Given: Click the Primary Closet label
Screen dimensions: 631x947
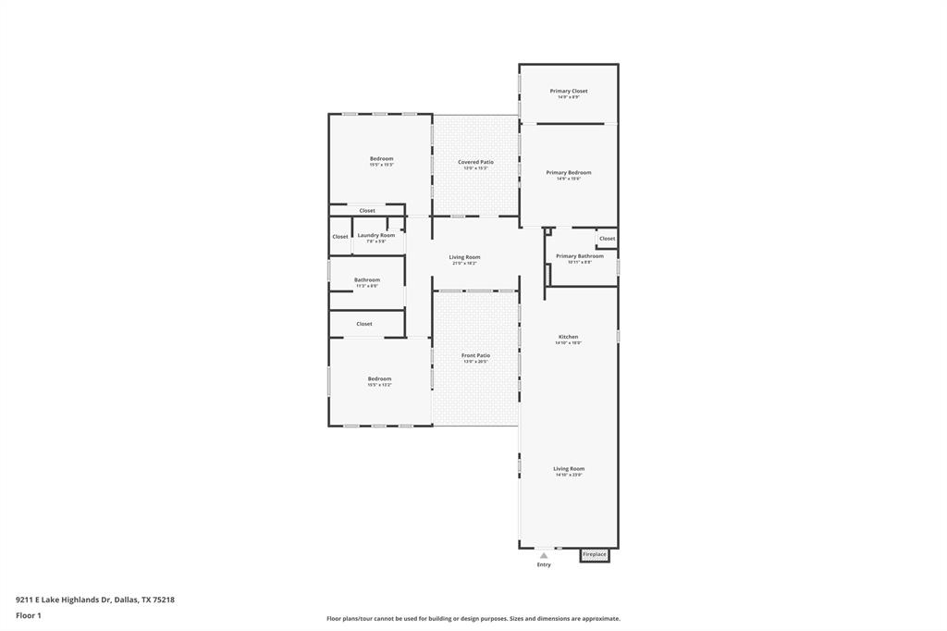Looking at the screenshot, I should [x=568, y=91].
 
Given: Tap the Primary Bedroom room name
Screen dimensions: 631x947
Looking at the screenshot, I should [x=568, y=172].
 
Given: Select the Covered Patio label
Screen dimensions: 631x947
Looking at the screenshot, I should [x=475, y=162].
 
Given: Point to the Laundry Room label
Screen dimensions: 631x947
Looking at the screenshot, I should [x=376, y=235].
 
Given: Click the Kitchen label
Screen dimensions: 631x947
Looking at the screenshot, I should [x=568, y=337].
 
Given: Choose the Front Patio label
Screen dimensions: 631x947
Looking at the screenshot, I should [x=475, y=355].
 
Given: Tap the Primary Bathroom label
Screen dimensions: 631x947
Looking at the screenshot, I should [x=579, y=256].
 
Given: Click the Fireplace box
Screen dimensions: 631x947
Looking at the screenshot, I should [x=595, y=555].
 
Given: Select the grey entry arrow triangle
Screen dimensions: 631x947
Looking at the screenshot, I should [x=544, y=556].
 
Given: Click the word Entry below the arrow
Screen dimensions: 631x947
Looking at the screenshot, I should [x=544, y=565].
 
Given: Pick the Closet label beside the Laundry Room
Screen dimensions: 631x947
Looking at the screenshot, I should [x=340, y=237].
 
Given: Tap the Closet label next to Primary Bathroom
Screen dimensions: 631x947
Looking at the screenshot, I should [x=607, y=239].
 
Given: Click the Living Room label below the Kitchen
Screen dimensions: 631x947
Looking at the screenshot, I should [x=569, y=468].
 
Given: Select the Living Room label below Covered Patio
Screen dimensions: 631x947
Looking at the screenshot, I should [x=464, y=257].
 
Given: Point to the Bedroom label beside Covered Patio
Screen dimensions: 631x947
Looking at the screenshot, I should [x=381, y=158].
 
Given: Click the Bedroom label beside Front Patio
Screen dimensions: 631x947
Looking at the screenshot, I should [x=379, y=378].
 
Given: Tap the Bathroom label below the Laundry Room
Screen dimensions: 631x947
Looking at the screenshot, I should [x=367, y=279].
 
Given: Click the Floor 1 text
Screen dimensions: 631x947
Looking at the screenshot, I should [x=29, y=615].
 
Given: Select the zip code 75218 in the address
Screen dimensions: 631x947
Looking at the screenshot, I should [x=163, y=600].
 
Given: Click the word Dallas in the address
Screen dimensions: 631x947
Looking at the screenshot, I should [x=126, y=600].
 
